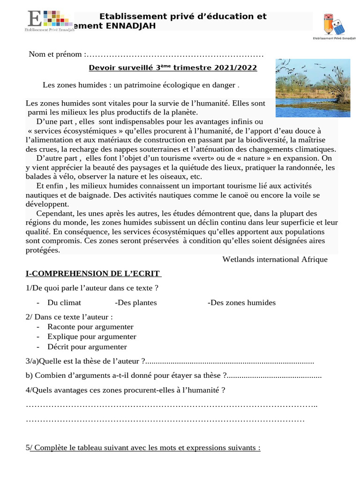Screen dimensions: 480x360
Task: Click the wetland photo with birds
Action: coord(313,88)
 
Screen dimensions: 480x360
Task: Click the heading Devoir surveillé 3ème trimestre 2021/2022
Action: coord(173,67)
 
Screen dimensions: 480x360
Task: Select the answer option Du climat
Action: coord(64,303)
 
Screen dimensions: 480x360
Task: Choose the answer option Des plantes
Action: coord(136,303)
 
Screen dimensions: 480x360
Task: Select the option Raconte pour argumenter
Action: coord(90,327)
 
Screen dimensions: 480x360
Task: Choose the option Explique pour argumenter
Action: coord(91,337)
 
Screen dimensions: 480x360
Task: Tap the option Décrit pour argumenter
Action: coord(87,347)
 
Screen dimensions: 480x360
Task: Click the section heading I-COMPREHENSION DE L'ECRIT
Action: coord(93,273)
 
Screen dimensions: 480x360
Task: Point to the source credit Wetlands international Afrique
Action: coord(275,259)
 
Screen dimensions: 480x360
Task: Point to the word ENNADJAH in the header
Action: coord(132,26)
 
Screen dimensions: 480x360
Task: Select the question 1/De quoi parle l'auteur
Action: coord(92,288)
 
